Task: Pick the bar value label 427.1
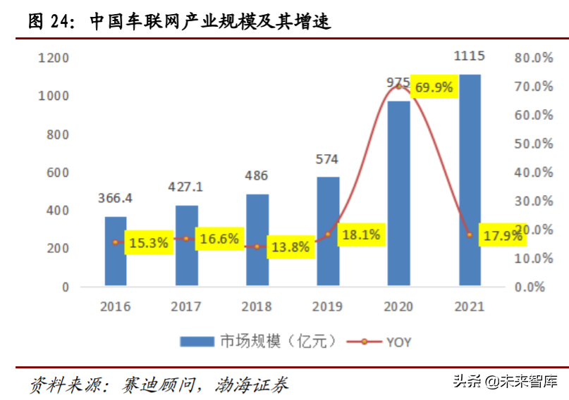click(x=186, y=187)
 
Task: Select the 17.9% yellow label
click(x=503, y=236)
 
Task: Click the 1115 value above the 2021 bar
click(x=470, y=56)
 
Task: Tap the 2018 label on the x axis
click(x=257, y=306)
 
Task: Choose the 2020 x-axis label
click(x=398, y=306)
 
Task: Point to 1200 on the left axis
click(x=54, y=58)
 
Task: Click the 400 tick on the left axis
click(x=59, y=211)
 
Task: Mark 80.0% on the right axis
click(x=534, y=58)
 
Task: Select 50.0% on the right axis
click(x=534, y=144)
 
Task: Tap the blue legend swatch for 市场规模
click(x=197, y=342)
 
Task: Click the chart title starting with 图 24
click(x=179, y=22)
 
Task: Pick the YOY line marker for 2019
click(x=328, y=234)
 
